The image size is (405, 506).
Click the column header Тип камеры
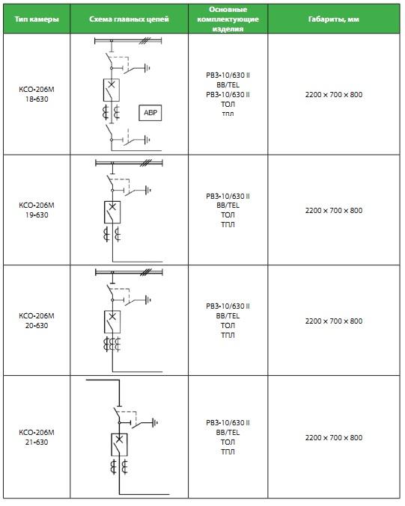coord(37,19)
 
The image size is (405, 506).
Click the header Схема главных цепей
coord(129,19)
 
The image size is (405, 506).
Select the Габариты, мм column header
coord(334,19)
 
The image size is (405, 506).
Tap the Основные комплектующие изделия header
coord(228,19)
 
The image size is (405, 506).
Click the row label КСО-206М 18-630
coord(37,94)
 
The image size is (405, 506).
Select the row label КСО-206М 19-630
coord(37,210)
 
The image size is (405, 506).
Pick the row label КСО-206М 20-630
coord(37,321)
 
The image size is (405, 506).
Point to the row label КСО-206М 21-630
coord(37,437)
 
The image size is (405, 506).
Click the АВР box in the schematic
coord(150,113)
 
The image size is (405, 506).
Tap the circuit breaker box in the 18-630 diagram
coord(112,90)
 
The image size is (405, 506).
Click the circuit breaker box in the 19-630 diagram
coord(112,212)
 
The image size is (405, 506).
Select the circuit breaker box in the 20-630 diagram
coord(112,321)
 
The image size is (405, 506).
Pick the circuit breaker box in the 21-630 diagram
coord(119,445)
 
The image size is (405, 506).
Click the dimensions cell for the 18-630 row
coord(334,95)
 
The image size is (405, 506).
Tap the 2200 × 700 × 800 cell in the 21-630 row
coord(334,437)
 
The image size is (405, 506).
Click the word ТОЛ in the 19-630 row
coord(228,215)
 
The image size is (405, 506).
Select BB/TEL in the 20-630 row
coord(228,315)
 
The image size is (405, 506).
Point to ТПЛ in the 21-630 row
coord(228,451)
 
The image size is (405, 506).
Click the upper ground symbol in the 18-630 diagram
coord(147,68)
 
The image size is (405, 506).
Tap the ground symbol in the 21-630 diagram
coord(155,423)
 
